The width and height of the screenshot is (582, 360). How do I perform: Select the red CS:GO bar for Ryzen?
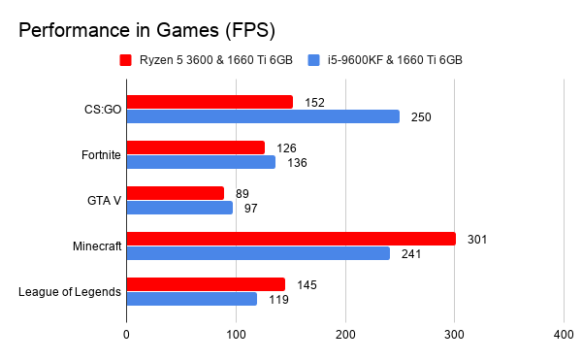pyautogui.click(x=210, y=102)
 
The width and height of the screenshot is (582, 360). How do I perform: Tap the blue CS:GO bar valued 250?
pyautogui.click(x=263, y=116)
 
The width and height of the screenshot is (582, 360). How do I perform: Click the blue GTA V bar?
pyautogui.click(x=179, y=208)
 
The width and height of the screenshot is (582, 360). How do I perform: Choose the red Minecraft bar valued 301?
pyautogui.click(x=291, y=239)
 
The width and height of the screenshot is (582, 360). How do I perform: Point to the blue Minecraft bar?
pyautogui.click(x=258, y=253)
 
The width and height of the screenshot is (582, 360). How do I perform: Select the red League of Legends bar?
pyautogui.click(x=206, y=284)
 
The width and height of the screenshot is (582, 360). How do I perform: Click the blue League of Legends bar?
pyautogui.click(x=192, y=299)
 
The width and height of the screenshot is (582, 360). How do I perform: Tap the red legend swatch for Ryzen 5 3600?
pyautogui.click(x=125, y=60)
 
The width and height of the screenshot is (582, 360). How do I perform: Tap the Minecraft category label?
pyautogui.click(x=97, y=246)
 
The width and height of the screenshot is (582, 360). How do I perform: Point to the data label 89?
pyautogui.click(x=242, y=193)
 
